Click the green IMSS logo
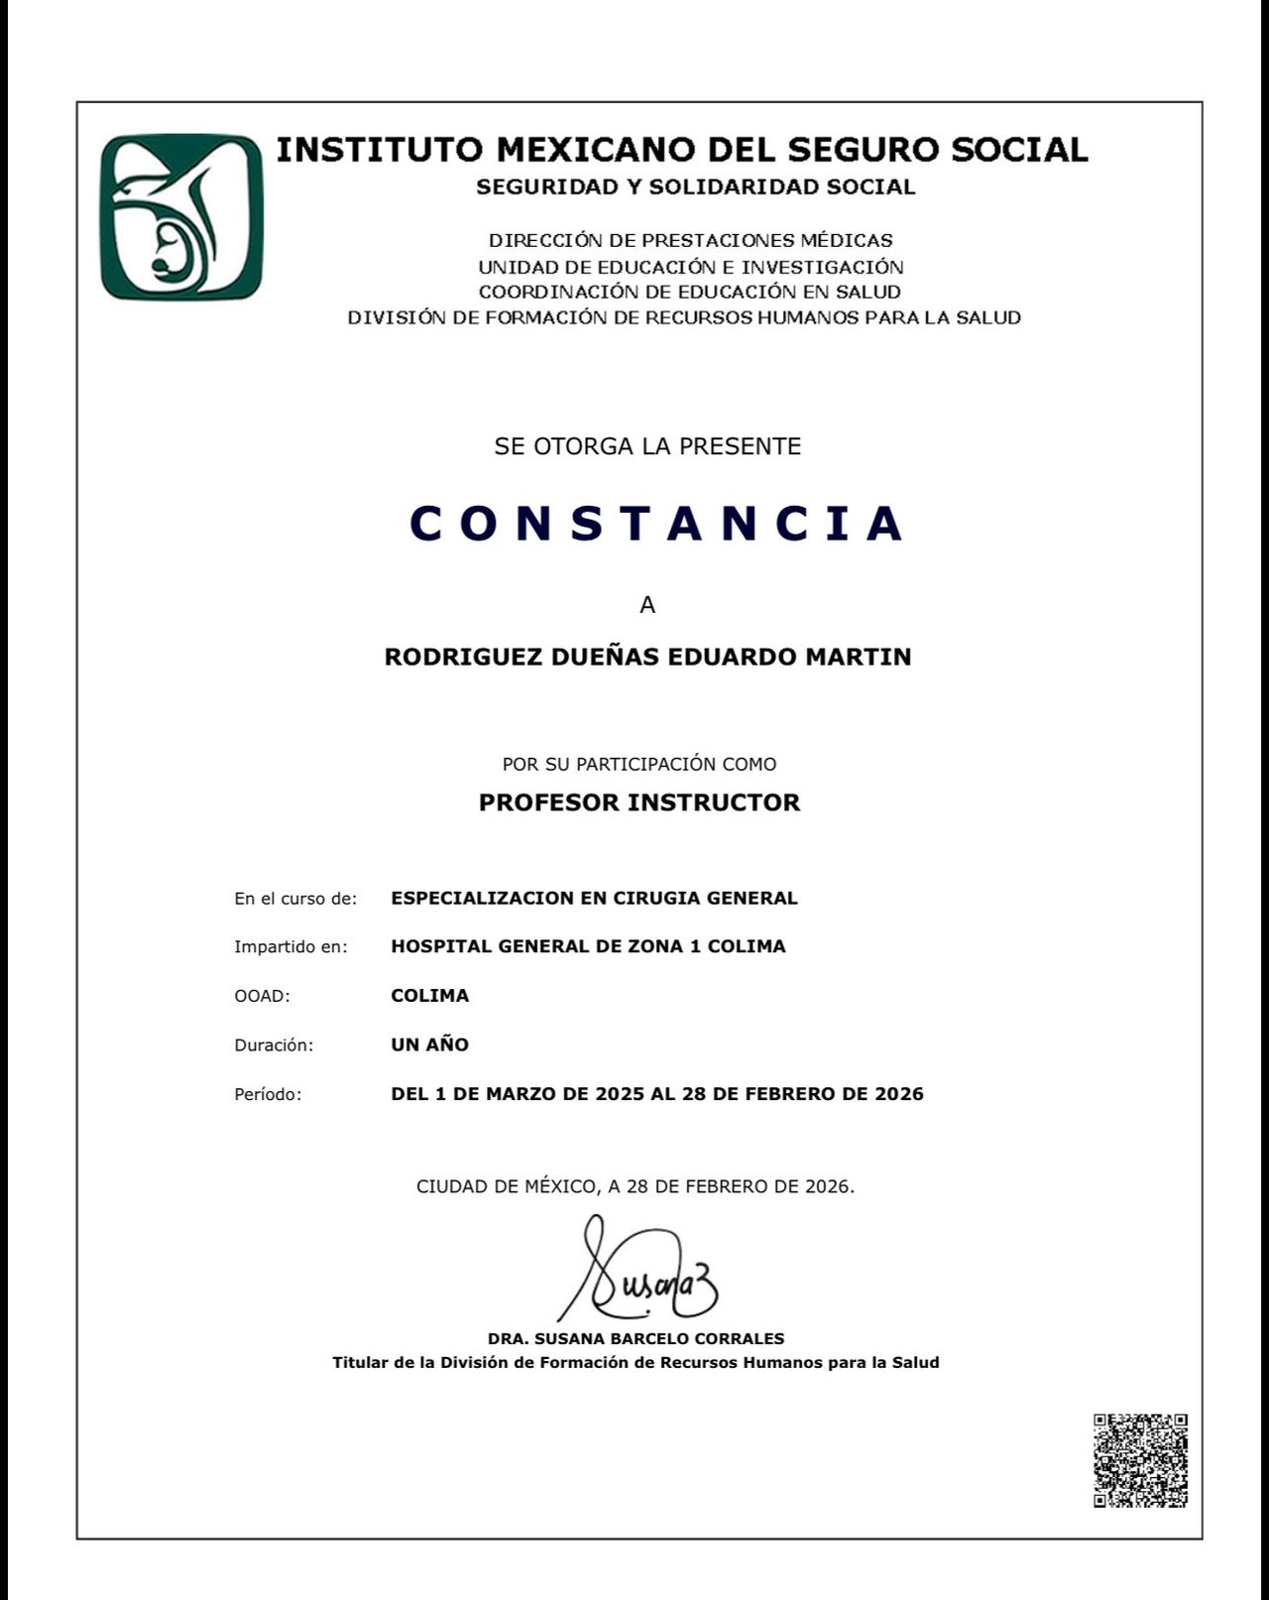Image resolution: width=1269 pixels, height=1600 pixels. (x=182, y=217)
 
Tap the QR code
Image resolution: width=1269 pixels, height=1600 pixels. (x=1140, y=1460)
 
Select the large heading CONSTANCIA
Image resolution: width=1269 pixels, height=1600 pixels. (x=657, y=524)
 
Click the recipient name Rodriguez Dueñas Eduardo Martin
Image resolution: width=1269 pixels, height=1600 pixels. (x=647, y=657)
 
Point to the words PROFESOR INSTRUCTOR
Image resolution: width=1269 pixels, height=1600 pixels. (x=639, y=802)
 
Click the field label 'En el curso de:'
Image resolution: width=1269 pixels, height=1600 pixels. (x=295, y=899)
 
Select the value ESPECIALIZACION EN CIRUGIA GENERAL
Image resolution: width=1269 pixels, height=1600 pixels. (x=594, y=898)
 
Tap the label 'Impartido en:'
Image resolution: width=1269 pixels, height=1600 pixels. (x=290, y=947)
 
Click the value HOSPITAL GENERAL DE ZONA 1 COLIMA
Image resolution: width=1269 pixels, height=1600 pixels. (x=588, y=946)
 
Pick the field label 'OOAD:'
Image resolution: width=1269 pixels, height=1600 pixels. (x=262, y=996)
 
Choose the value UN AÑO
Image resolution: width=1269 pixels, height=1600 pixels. (x=429, y=1045)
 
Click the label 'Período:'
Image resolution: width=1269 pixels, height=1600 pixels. (x=268, y=1095)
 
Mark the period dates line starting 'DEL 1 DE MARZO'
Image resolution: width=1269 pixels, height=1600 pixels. (x=657, y=1094)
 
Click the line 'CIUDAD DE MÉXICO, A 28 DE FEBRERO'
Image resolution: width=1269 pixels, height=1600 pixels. (x=634, y=1186)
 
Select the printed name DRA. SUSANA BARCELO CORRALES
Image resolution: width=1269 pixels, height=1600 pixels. (x=635, y=1338)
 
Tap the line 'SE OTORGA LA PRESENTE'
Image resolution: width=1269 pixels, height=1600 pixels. (x=647, y=446)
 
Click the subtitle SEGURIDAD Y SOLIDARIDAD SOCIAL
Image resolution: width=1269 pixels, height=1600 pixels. (x=695, y=186)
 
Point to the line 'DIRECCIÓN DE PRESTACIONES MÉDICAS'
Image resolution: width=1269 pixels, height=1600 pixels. (x=690, y=240)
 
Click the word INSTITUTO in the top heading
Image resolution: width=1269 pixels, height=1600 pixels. (x=380, y=150)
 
